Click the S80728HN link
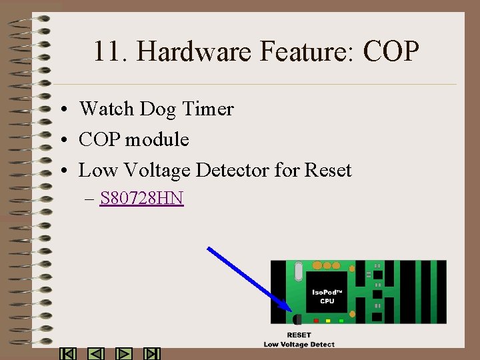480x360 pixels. [141, 198]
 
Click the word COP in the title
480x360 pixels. [391, 51]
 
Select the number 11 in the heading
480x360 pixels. [106, 51]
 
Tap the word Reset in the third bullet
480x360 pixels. [327, 170]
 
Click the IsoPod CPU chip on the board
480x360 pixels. [327, 292]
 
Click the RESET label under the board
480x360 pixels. [299, 335]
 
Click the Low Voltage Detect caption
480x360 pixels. [299, 344]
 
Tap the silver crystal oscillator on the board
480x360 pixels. [297, 271]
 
